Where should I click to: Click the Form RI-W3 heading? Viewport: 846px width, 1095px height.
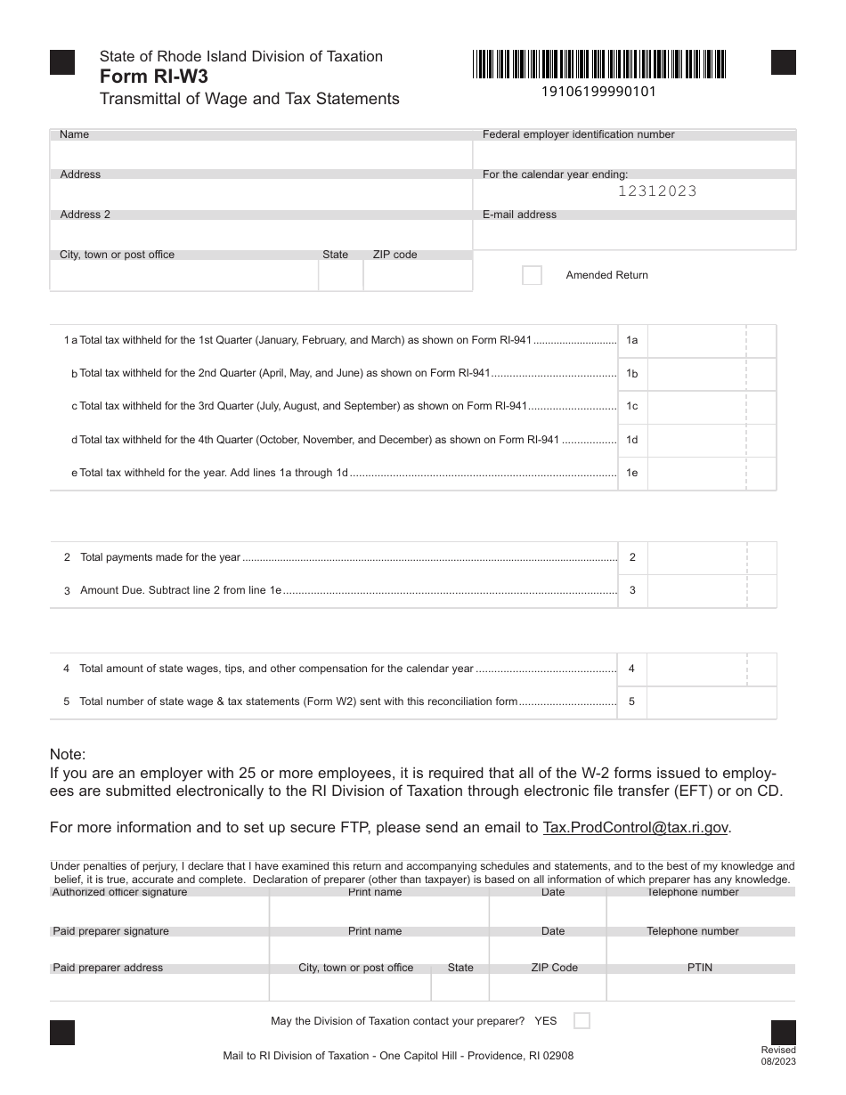(154, 77)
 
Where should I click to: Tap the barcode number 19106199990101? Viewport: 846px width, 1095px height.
(598, 91)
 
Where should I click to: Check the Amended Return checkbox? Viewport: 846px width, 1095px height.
(532, 275)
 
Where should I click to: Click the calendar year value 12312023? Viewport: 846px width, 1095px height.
(657, 191)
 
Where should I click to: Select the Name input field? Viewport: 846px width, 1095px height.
(261, 155)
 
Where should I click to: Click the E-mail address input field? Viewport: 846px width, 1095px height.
(634, 235)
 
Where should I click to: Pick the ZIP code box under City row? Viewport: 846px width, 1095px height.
(417, 276)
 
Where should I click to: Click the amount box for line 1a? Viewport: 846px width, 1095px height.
(696, 341)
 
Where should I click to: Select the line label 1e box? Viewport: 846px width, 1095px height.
(631, 474)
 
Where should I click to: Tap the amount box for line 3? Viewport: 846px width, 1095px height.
(696, 591)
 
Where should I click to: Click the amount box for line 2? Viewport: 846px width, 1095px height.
(696, 558)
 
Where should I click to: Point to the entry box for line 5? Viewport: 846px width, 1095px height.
(711, 702)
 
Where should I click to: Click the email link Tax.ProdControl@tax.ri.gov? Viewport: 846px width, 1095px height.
(636, 827)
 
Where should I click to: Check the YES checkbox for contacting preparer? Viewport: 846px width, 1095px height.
(582, 1021)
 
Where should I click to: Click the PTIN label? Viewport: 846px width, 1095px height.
(700, 968)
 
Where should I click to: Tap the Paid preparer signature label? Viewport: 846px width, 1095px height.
(110, 931)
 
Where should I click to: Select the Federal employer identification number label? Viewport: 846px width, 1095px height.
(578, 134)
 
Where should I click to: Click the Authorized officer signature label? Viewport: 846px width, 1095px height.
(119, 892)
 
